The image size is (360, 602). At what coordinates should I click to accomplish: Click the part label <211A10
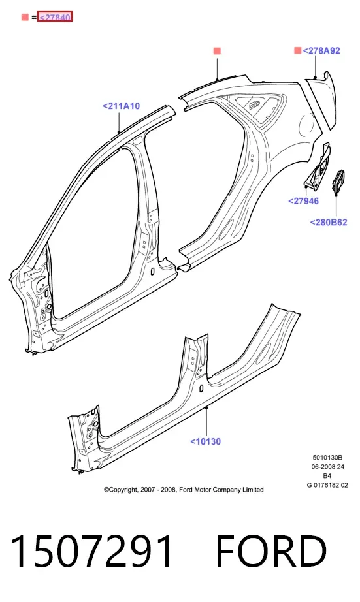[x=121, y=106]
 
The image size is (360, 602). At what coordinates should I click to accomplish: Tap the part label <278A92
[x=321, y=51]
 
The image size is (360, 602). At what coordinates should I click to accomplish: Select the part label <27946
[x=304, y=201]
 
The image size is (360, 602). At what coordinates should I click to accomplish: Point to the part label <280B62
[x=329, y=222]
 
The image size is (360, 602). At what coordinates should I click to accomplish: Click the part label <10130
[x=206, y=441]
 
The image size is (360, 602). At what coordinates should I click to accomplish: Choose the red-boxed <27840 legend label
[x=55, y=17]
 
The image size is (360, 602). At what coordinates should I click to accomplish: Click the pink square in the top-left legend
[x=25, y=17]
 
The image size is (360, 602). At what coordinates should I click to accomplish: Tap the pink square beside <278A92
[x=298, y=50]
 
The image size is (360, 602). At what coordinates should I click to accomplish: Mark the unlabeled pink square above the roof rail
[x=217, y=51]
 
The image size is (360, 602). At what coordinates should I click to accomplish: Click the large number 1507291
[x=92, y=551]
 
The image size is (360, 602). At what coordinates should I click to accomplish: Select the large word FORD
[x=271, y=551]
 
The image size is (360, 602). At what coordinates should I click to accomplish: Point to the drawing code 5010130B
[x=327, y=458]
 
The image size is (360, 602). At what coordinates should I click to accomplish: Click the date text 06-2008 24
[x=328, y=467]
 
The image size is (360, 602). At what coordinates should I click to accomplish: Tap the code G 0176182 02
[x=327, y=485]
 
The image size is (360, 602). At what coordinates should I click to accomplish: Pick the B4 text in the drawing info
[x=327, y=476]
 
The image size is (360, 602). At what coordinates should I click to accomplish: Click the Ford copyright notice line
[x=184, y=490]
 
